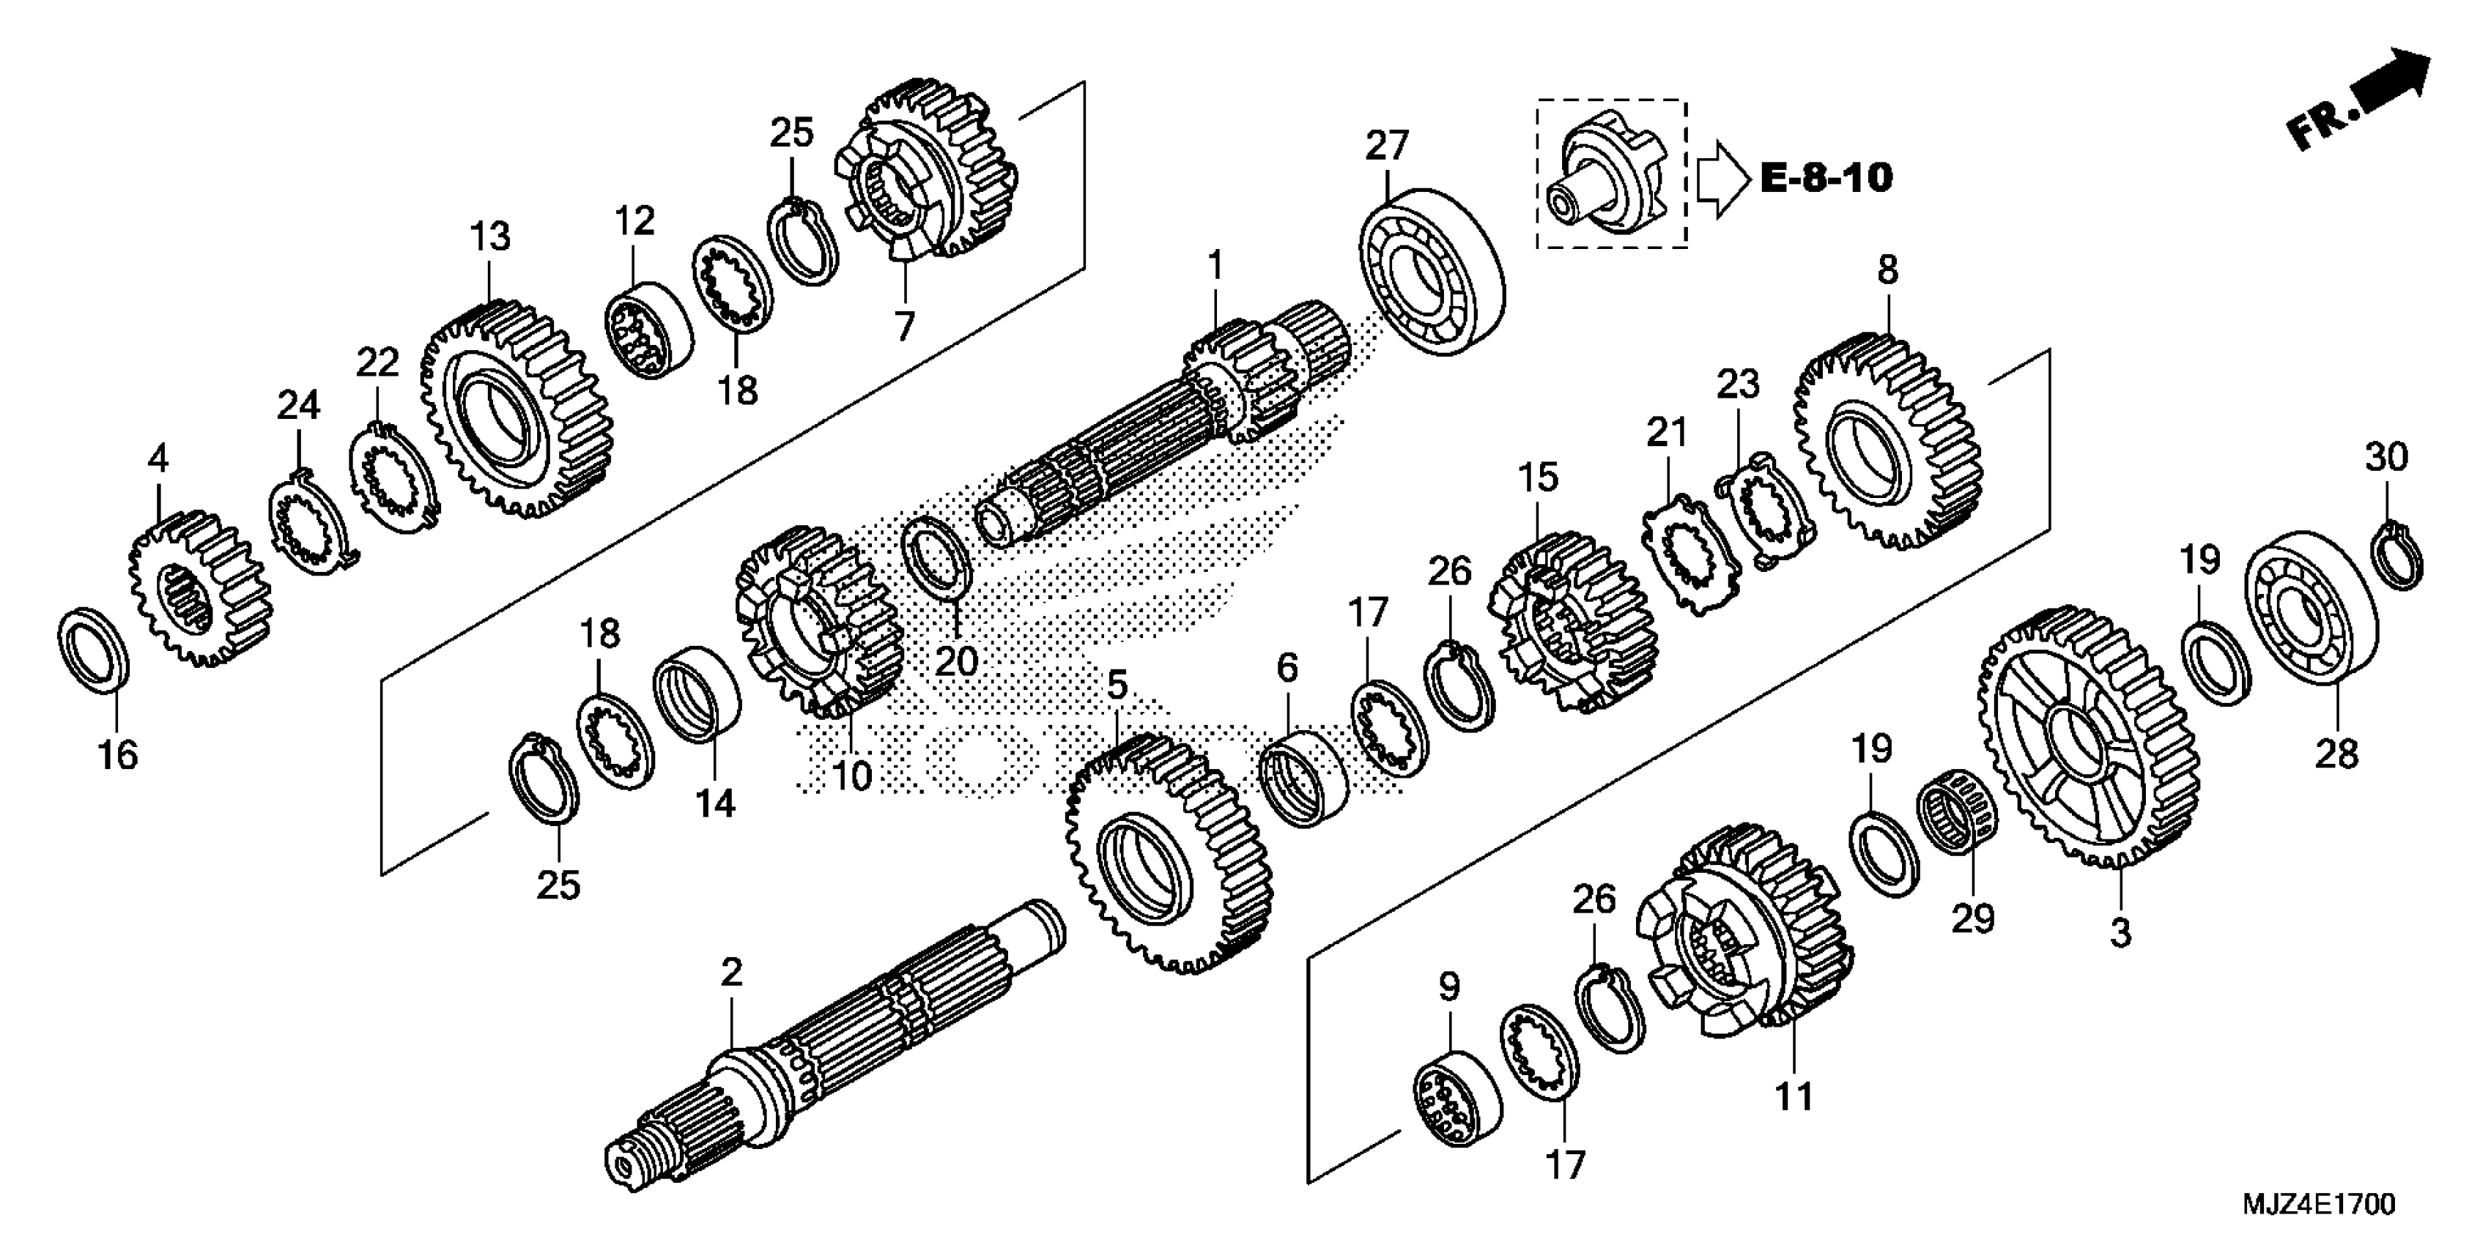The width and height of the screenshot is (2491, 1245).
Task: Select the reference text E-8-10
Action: tap(1826, 178)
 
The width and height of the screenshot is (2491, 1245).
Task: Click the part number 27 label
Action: tap(1388, 146)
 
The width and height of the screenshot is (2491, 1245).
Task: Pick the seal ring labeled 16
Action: tap(94, 650)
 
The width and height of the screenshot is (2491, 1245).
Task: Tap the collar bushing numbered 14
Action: tap(697, 694)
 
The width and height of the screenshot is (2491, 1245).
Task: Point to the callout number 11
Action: tap(1795, 1097)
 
